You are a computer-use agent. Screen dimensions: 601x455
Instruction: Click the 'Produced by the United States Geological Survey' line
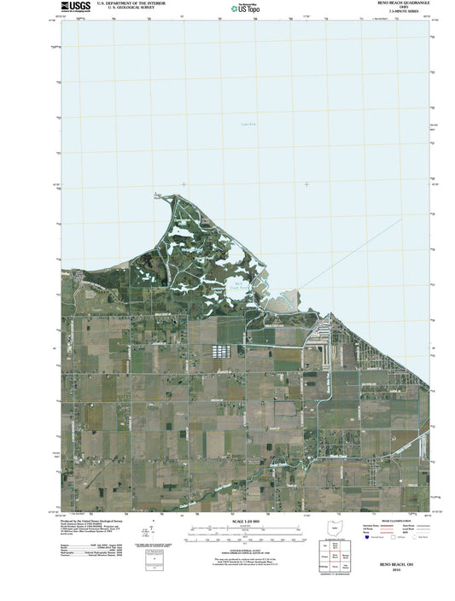[94, 518]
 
